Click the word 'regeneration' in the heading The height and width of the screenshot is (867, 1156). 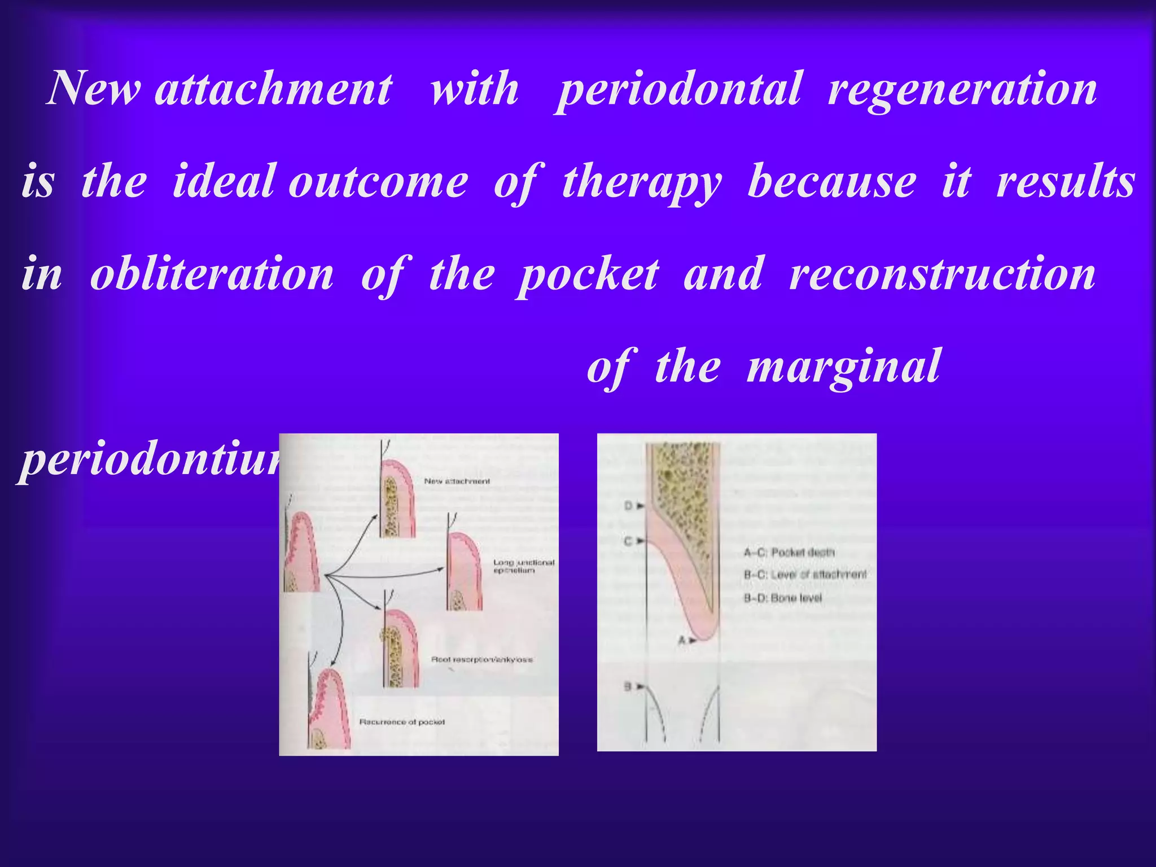click(962, 89)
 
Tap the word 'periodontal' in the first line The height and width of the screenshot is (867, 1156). click(677, 89)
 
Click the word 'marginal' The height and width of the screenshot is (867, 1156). click(843, 366)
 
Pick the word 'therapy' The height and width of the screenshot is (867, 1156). click(642, 182)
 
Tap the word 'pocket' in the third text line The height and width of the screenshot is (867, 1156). click(588, 275)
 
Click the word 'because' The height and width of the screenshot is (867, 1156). click(831, 182)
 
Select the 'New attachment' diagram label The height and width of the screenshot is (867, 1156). click(457, 481)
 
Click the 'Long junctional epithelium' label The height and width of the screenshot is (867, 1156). click(523, 566)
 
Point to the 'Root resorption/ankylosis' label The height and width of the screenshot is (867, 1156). click(481, 659)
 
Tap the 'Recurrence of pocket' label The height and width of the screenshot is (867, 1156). click(402, 722)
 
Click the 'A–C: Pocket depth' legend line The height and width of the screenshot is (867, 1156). click(789, 552)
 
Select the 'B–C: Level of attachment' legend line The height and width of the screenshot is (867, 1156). click(804, 575)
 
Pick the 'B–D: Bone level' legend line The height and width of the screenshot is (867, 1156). click(782, 598)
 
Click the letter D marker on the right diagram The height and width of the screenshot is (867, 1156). click(629, 506)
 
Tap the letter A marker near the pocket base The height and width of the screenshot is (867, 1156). click(682, 640)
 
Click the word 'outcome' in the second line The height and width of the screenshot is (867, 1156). click(378, 182)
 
